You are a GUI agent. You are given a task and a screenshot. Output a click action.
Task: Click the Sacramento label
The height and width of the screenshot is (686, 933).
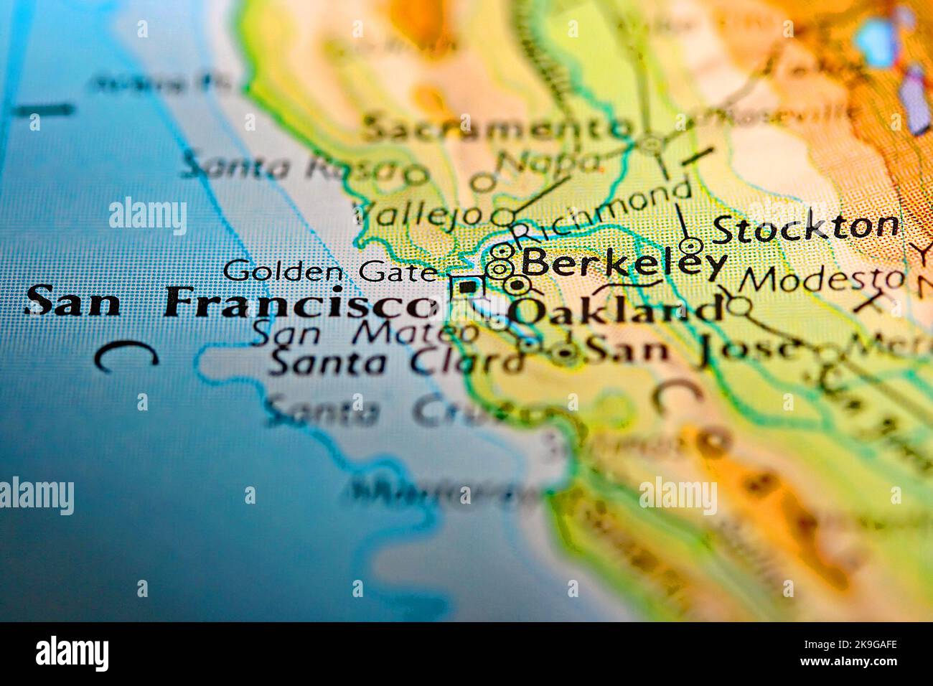click(495, 129)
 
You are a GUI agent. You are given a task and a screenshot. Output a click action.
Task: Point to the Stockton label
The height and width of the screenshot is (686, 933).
click(805, 228)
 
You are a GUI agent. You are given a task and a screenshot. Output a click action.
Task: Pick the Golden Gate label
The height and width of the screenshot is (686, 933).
click(329, 272)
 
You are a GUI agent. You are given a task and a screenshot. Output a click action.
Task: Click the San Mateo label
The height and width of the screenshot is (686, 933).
click(366, 333)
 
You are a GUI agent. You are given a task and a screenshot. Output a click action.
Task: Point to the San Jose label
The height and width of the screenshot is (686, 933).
click(693, 349)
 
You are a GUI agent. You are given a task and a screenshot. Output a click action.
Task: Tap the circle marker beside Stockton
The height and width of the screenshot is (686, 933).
click(690, 246)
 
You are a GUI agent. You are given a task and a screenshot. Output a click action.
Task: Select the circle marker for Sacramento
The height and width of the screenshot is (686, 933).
click(652, 145)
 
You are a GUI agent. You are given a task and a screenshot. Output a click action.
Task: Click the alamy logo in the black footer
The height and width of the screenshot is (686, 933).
click(72, 653)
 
